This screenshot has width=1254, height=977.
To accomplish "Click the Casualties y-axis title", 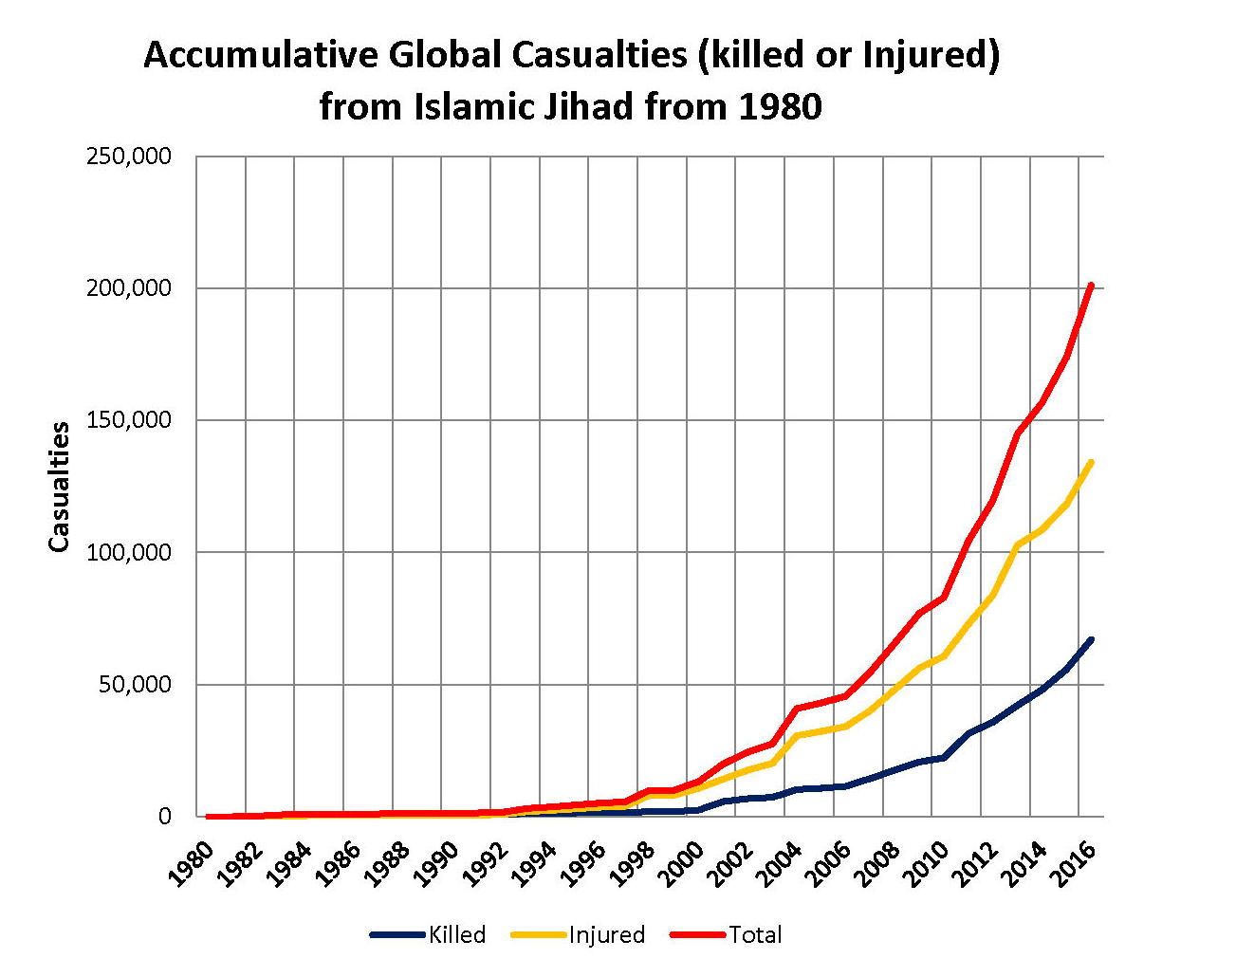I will coord(60,487).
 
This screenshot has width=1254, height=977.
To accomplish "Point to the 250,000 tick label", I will coord(129,156).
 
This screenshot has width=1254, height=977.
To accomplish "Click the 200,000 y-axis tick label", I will coord(129,288).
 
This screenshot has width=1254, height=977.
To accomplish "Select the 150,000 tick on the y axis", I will coord(129,420).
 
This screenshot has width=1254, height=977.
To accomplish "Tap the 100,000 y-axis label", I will coord(129,552).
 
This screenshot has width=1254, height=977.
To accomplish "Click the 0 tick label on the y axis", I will coord(165,817).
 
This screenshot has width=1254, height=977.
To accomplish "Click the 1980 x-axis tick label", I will coord(190,863).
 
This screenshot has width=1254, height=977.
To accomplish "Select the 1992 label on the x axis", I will coord(485,863).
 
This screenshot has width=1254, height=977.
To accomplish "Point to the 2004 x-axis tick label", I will coord(779,863).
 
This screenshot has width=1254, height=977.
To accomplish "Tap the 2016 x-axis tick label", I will coord(1073,863).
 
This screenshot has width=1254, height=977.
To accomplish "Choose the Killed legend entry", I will coord(456,935).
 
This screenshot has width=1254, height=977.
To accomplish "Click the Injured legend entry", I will coord(606,935).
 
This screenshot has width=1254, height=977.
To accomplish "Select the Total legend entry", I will coord(755,935).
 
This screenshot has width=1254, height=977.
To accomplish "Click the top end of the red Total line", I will coord(1092,286).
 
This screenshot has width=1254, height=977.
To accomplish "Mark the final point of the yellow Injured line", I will coord(1092,462).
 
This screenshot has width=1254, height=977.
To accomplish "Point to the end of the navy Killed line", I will coord(1092,639).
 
